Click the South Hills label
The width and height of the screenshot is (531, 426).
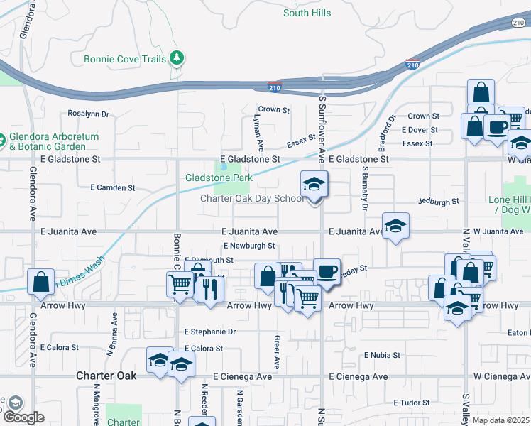[x=307, y=13]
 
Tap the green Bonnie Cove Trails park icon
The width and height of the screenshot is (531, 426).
[x=177, y=59]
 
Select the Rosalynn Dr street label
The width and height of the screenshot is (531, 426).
[x=88, y=114]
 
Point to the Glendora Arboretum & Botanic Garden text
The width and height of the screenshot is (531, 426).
[x=54, y=141]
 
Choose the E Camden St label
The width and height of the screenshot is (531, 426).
[x=113, y=188]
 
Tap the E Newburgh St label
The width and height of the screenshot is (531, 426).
[x=249, y=246]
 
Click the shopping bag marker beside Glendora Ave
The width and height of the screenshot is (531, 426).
[x=41, y=282]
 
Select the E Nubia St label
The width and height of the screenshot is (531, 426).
[x=382, y=354]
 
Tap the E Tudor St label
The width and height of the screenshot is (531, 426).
[x=412, y=403]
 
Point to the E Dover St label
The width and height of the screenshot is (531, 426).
[x=420, y=130]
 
